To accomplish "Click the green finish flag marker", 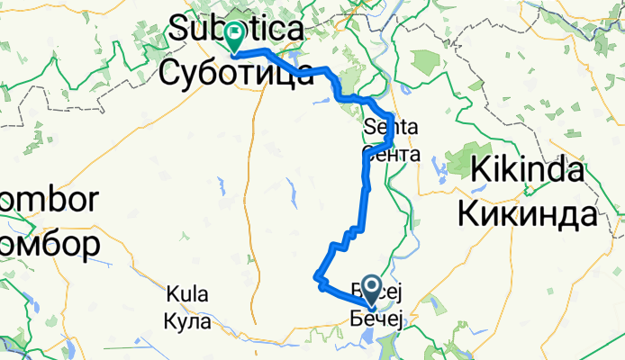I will pos(234,35).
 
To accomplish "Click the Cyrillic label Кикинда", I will pos(527,213).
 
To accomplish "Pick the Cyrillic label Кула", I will pos(187,317).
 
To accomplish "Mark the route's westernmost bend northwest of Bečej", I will pos(317,277).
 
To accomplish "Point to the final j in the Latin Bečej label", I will pos(404,291).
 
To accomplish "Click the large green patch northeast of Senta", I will pos(427,66).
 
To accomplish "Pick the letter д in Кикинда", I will pos(557,214).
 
